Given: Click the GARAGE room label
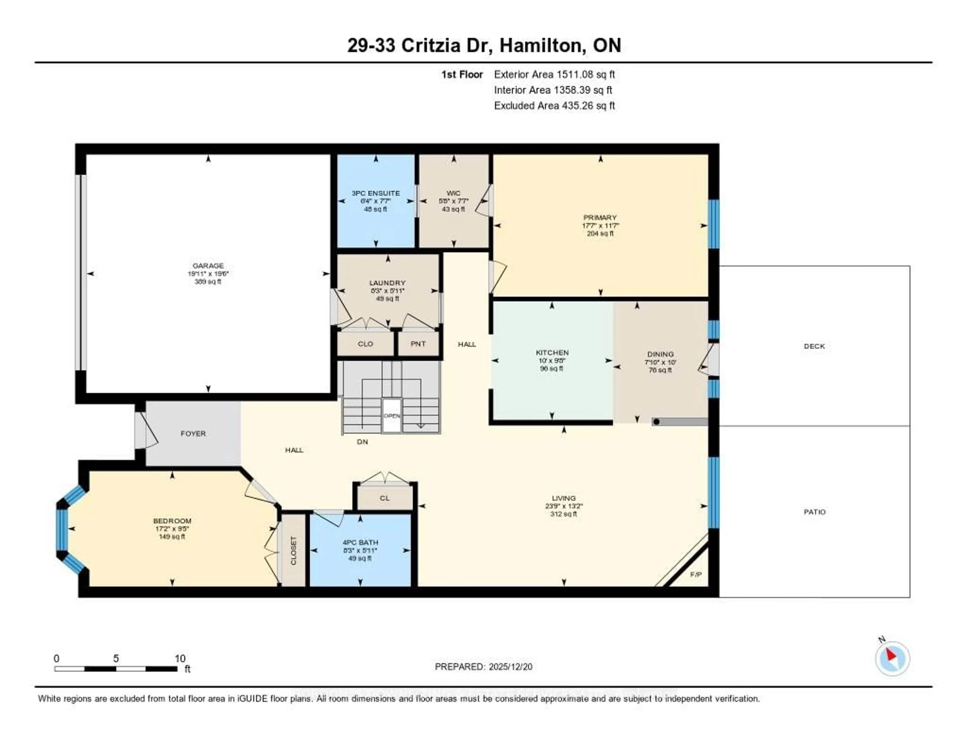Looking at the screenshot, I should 208,266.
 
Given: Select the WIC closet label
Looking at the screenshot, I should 453,193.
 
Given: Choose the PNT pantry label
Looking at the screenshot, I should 418,344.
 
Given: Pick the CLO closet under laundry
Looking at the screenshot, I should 365,344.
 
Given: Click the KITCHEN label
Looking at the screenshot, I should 552,352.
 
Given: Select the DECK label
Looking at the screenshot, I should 814,346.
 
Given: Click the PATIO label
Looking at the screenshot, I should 814,512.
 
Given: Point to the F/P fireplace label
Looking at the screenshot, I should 696,575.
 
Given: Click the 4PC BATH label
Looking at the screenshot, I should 360,542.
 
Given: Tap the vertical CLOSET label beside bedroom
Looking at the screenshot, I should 293,551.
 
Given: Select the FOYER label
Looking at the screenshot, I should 193,433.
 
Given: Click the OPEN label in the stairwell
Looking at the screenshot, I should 392,416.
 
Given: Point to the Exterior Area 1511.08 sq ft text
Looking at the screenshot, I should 554,74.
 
